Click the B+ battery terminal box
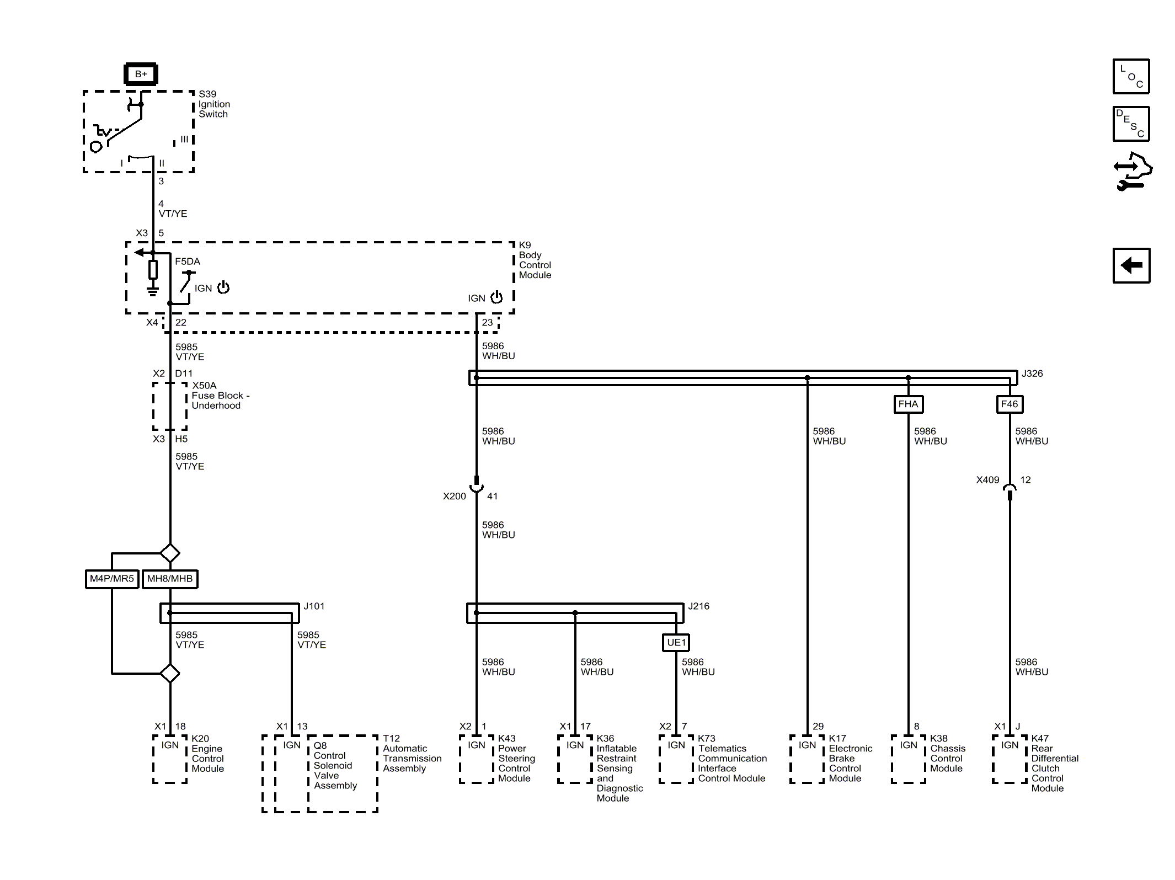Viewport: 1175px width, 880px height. (x=141, y=74)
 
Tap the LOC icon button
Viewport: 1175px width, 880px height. (x=1131, y=76)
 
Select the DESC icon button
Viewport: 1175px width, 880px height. (x=1131, y=124)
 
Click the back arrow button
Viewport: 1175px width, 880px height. (x=1131, y=265)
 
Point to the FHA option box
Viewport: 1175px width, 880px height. (x=908, y=404)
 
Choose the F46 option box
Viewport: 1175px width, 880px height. (x=1010, y=404)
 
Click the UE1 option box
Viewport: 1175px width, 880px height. (x=676, y=642)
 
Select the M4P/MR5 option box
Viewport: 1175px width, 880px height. (x=112, y=579)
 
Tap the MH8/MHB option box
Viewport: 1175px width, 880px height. (x=170, y=579)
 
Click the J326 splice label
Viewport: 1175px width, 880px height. (x=1032, y=374)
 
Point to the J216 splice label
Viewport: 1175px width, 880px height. (x=699, y=606)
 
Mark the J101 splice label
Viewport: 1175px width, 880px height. (x=314, y=606)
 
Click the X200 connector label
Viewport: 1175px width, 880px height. (x=455, y=496)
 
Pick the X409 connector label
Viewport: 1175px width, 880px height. (x=987, y=479)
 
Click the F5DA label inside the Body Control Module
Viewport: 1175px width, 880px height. (x=188, y=262)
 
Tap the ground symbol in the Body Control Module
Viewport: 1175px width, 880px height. (x=153, y=291)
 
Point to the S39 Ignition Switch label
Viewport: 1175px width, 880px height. (x=214, y=104)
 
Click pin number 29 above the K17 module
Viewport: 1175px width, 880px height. (x=818, y=726)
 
